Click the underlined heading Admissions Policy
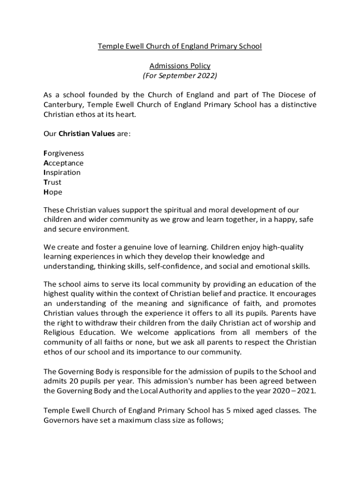coord(180,66)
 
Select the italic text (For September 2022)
coord(180,75)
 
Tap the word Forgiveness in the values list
coord(64,153)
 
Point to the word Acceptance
coord(63,163)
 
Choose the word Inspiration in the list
coord(62,173)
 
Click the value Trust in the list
coord(52,182)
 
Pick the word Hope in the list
coord(53,192)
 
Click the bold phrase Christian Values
coord(86,134)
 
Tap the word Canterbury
coord(63,105)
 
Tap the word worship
coord(289,323)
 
